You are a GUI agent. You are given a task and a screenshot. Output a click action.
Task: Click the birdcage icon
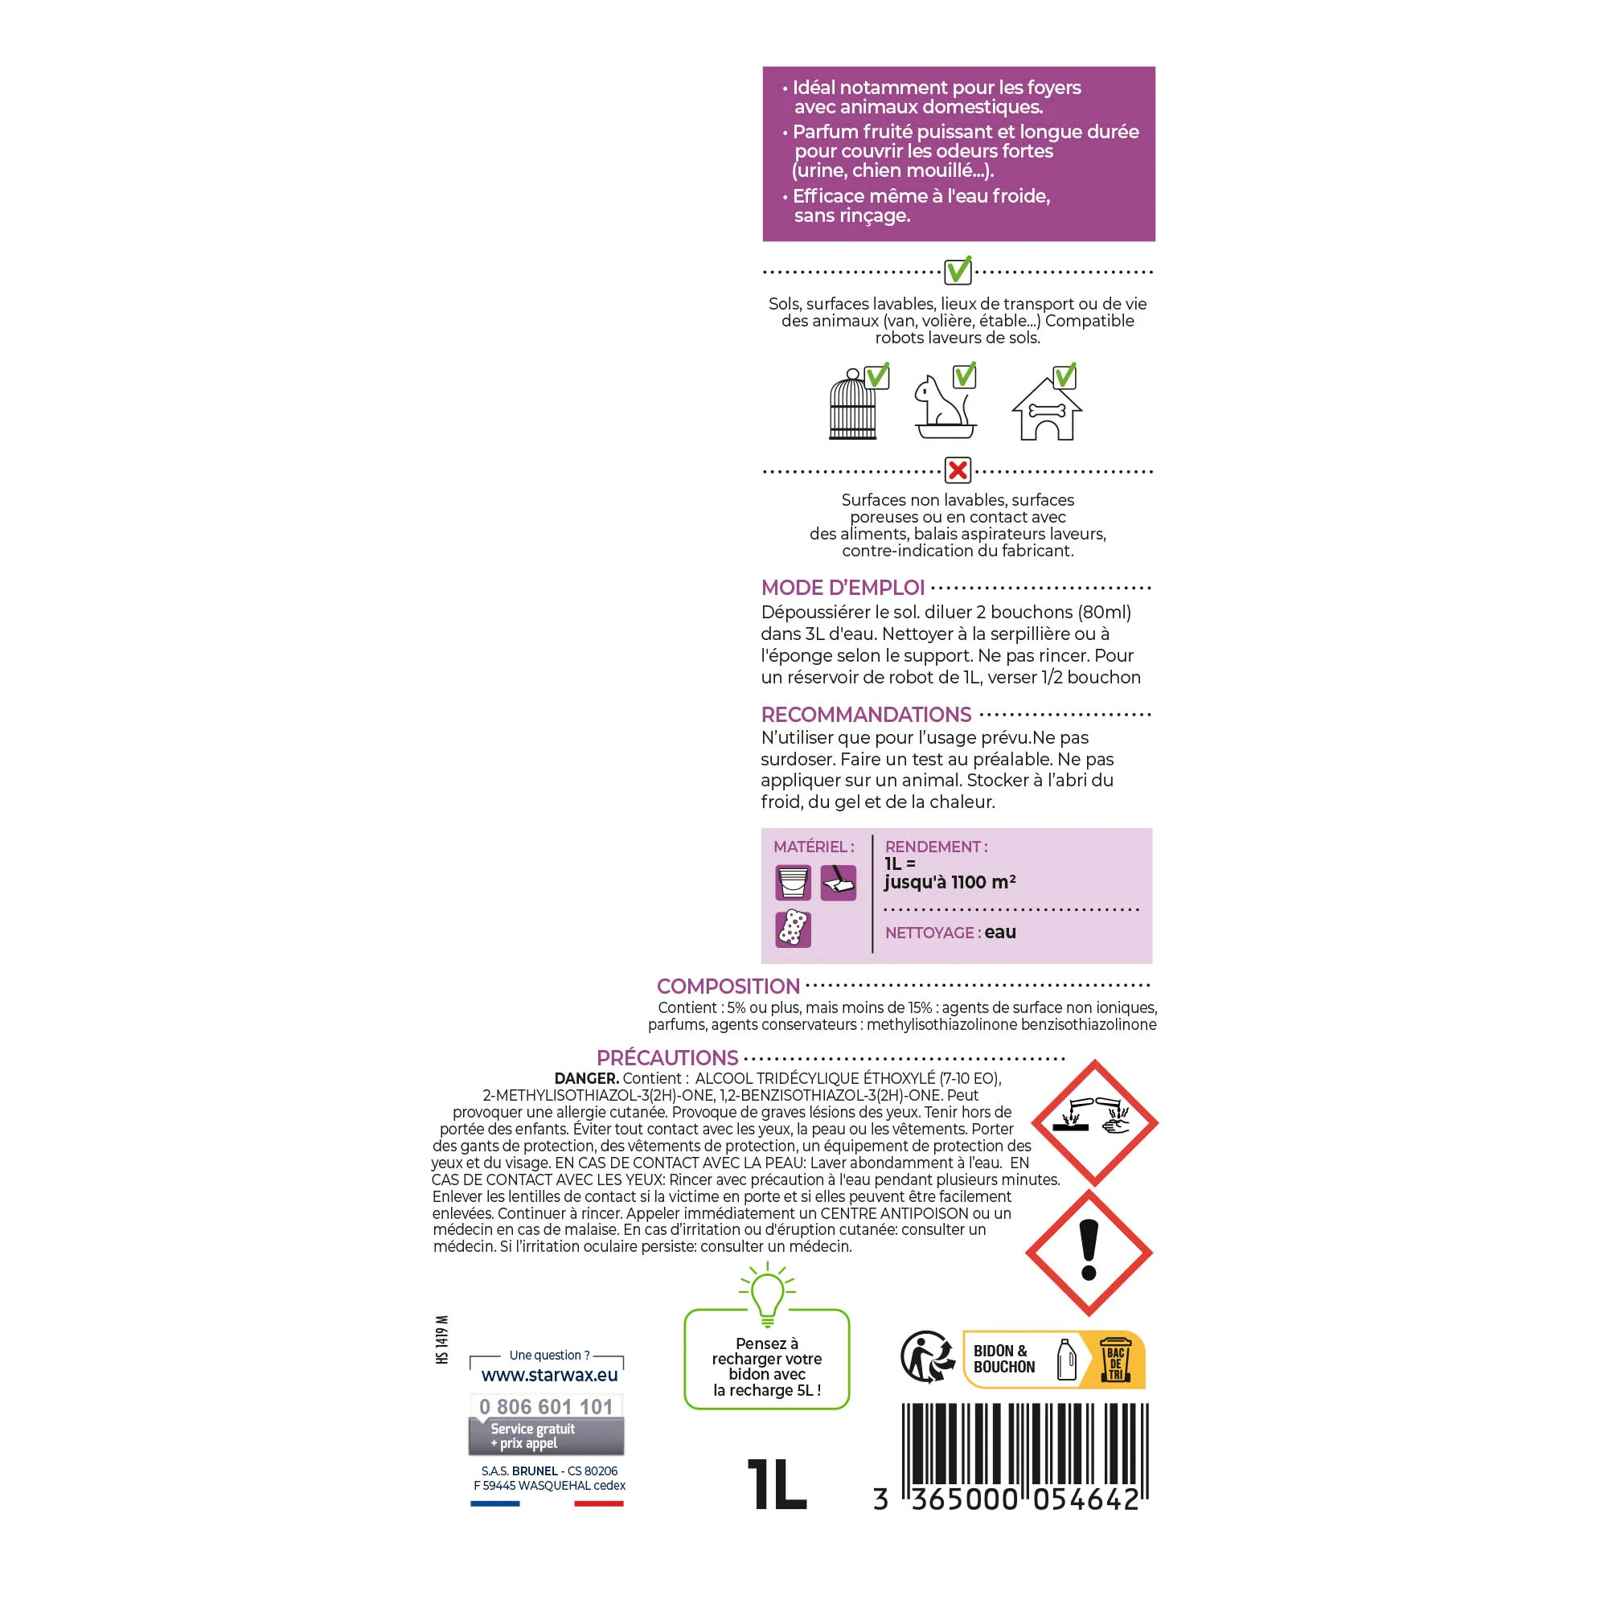click(853, 404)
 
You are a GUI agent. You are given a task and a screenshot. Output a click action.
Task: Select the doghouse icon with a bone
click(1046, 408)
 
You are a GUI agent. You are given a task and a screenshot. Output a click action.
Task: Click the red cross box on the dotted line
click(958, 470)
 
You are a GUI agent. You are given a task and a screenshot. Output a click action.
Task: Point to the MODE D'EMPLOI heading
click(843, 588)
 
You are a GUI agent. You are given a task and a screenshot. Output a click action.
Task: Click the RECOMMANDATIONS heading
click(866, 714)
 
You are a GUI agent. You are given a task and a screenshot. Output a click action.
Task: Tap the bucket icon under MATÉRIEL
click(794, 882)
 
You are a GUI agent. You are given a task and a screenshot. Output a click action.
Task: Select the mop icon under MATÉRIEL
click(838, 882)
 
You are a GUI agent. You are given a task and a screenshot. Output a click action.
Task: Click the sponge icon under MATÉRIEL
click(794, 928)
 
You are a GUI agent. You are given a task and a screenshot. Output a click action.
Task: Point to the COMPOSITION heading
click(728, 987)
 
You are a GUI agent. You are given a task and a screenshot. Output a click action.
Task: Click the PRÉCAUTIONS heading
click(667, 1058)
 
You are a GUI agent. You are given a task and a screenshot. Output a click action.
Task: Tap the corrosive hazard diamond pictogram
click(1094, 1122)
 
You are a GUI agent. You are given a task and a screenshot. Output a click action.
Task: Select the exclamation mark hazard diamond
click(1089, 1253)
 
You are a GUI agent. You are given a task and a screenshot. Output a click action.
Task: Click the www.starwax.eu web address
click(549, 1376)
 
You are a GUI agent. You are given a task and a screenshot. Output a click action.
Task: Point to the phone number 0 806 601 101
click(546, 1406)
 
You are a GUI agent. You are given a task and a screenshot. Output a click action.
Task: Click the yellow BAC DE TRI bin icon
click(1115, 1359)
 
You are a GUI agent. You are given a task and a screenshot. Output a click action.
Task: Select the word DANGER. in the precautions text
click(587, 1079)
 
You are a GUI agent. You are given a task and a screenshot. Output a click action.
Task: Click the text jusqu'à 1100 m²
click(950, 882)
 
